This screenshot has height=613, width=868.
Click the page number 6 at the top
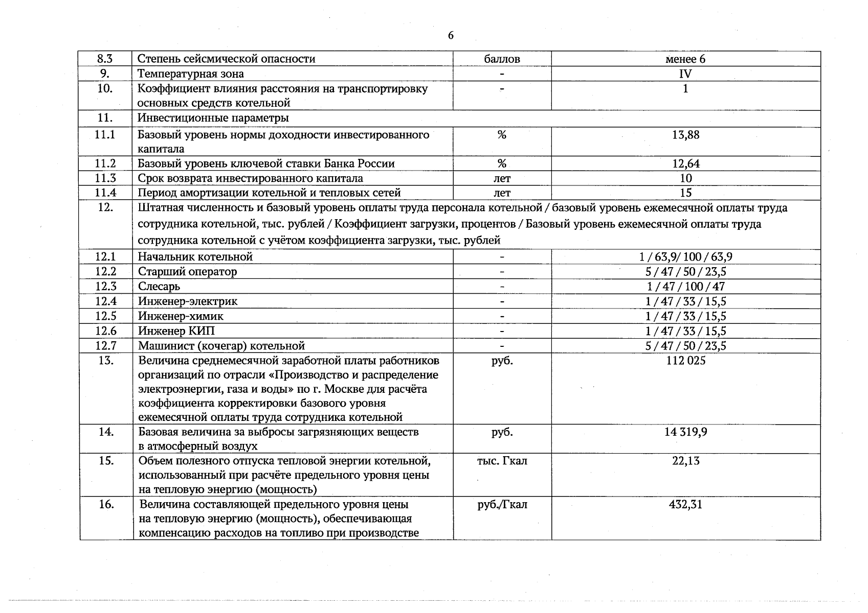point(450,35)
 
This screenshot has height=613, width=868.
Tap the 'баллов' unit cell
point(502,59)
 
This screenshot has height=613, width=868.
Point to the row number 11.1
point(105,135)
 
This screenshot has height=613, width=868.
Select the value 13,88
point(685,135)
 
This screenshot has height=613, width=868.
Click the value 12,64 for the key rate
point(685,163)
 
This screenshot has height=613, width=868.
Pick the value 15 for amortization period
point(685,193)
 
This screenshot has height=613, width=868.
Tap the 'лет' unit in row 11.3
point(502,178)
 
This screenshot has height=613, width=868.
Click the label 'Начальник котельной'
point(195,256)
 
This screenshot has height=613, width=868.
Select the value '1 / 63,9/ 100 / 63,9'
point(685,256)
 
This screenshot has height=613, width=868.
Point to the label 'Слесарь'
point(159,286)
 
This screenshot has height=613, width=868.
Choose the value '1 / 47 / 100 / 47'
point(685,286)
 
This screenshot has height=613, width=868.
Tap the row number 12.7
point(105,346)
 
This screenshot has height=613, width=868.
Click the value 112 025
point(685,361)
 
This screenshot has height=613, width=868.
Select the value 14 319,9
point(685,432)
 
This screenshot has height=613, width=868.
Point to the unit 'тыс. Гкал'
point(502,461)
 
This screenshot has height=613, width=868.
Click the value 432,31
point(685,504)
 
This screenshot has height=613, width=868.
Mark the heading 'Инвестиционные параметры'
point(213,118)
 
